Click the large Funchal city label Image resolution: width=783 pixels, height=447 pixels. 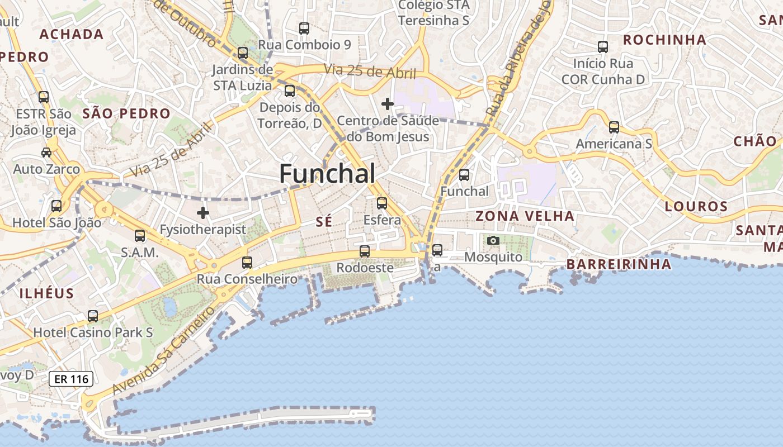327,174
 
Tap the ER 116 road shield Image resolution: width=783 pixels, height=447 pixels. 70,379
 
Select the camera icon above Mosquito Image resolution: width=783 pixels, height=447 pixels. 493,240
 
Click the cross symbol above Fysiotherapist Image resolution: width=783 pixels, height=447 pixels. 203,213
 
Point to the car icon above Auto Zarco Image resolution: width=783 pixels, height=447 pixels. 46,152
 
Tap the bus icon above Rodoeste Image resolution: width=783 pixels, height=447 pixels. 365,251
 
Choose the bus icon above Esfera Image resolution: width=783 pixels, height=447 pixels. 382,203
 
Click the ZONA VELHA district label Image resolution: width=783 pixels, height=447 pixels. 525,216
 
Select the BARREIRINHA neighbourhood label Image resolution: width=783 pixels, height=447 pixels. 619,264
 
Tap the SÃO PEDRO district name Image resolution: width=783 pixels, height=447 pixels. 126,114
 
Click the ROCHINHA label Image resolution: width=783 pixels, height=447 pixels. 664,40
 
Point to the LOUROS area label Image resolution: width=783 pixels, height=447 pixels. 696,207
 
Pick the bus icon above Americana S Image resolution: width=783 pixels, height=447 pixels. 614,127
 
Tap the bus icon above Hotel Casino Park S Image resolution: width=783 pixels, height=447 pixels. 93,316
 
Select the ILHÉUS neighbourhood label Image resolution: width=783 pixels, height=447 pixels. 46,293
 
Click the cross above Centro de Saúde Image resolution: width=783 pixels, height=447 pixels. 387,104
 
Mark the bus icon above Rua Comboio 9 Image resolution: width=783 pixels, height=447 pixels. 304,28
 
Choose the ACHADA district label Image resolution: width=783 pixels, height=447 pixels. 72,35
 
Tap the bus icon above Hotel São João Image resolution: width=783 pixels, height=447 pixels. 56,206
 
